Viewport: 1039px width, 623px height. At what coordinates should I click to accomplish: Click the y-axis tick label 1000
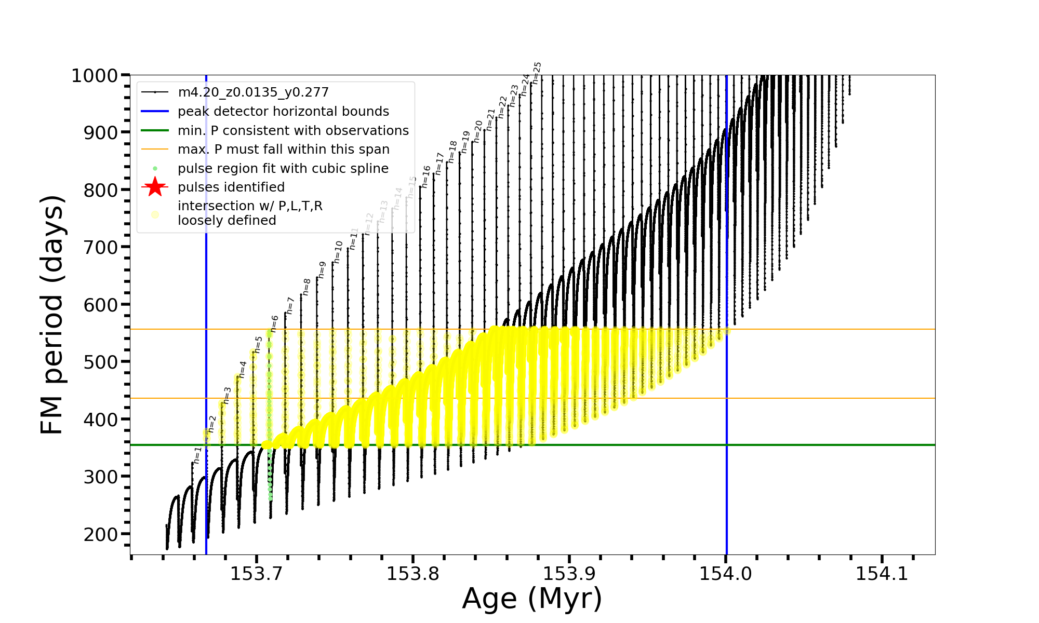pos(95,76)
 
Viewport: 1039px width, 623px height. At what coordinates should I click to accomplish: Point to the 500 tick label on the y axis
pos(101,362)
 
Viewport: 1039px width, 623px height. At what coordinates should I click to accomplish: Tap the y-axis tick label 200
pos(101,534)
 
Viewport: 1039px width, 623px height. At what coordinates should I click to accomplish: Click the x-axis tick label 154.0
pos(726,574)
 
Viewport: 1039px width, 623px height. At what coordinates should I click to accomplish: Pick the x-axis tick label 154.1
pos(882,574)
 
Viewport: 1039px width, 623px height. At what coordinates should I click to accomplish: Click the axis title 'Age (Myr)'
pos(532,599)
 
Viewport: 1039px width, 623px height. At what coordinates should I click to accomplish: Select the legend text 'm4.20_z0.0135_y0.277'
pos(253,92)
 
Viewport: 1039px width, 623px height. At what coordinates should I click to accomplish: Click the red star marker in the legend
pos(155,187)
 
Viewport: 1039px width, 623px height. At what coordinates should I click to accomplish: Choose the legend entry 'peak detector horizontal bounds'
pos(283,112)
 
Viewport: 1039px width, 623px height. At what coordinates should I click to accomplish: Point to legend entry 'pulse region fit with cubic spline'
pos(283,169)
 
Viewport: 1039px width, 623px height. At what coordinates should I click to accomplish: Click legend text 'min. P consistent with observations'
pos(293,130)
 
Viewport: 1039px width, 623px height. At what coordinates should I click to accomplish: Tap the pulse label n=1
pos(197,455)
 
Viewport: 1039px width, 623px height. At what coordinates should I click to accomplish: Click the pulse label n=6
pos(275,323)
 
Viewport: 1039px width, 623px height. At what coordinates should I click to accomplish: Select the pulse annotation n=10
pos(338,252)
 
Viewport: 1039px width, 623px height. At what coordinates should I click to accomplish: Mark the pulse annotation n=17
pos(439,164)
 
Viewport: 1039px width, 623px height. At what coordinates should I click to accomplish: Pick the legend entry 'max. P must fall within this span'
pos(283,150)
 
